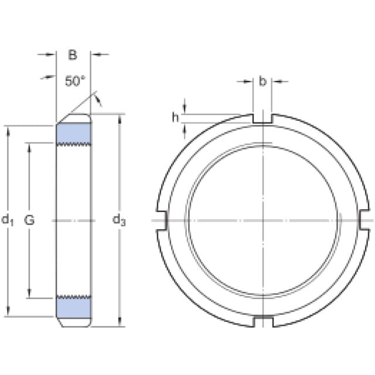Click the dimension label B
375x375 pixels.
[x=73, y=54]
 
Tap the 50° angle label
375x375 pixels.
[x=75, y=81]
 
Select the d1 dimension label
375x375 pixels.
[x=8, y=220]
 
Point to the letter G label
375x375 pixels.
[x=29, y=220]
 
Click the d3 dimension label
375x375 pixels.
[x=119, y=220]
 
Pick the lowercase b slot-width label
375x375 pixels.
[x=262, y=81]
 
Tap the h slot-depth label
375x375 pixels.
[x=175, y=117]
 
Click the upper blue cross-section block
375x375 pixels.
[x=74, y=134]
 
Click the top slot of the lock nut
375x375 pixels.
[x=262, y=118]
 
